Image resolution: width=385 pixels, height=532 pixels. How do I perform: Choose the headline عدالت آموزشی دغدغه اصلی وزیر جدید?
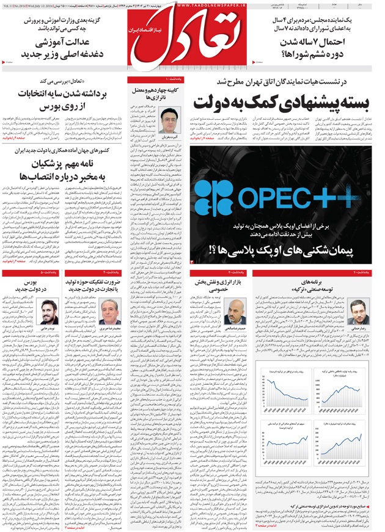(x=70, y=49)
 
